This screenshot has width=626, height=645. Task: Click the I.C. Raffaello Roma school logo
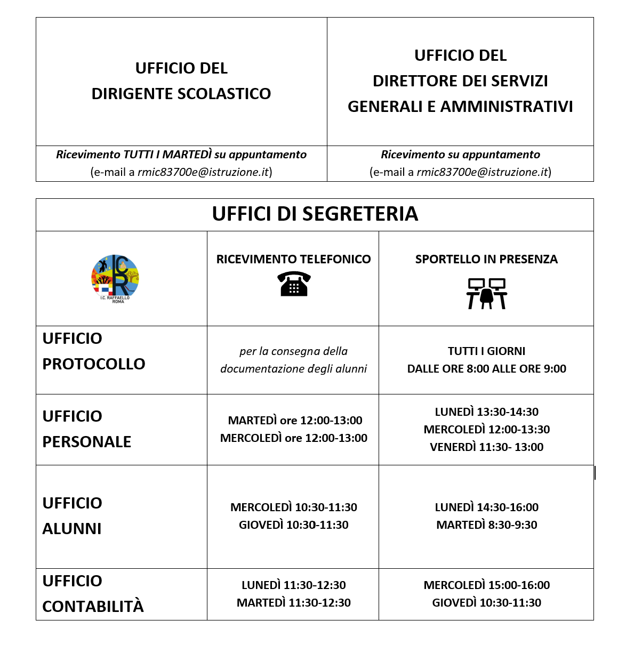115,278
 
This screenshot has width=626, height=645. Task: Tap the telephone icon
294,283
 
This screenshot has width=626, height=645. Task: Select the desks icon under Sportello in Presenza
486,293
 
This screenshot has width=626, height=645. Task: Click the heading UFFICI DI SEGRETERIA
315,214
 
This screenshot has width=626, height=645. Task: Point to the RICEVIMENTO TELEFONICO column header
293,260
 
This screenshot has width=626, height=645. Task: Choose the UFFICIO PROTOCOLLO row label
94,351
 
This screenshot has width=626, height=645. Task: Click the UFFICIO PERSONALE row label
87,429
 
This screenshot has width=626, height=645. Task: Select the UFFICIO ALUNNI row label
72,516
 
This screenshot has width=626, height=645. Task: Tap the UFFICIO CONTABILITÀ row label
93,594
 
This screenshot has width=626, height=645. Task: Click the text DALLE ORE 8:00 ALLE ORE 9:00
486,369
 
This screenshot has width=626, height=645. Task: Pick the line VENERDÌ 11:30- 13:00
486,447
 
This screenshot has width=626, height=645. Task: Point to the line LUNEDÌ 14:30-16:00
486,507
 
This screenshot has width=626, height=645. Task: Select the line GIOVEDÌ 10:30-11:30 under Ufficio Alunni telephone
293,525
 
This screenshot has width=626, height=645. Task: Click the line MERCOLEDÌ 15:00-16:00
486,585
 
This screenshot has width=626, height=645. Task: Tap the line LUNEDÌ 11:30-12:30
293,585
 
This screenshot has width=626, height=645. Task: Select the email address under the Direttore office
483,172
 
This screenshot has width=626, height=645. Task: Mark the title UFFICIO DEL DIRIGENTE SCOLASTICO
181,81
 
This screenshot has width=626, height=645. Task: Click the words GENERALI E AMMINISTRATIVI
460,107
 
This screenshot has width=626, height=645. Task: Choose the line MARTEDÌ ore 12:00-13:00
295,421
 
